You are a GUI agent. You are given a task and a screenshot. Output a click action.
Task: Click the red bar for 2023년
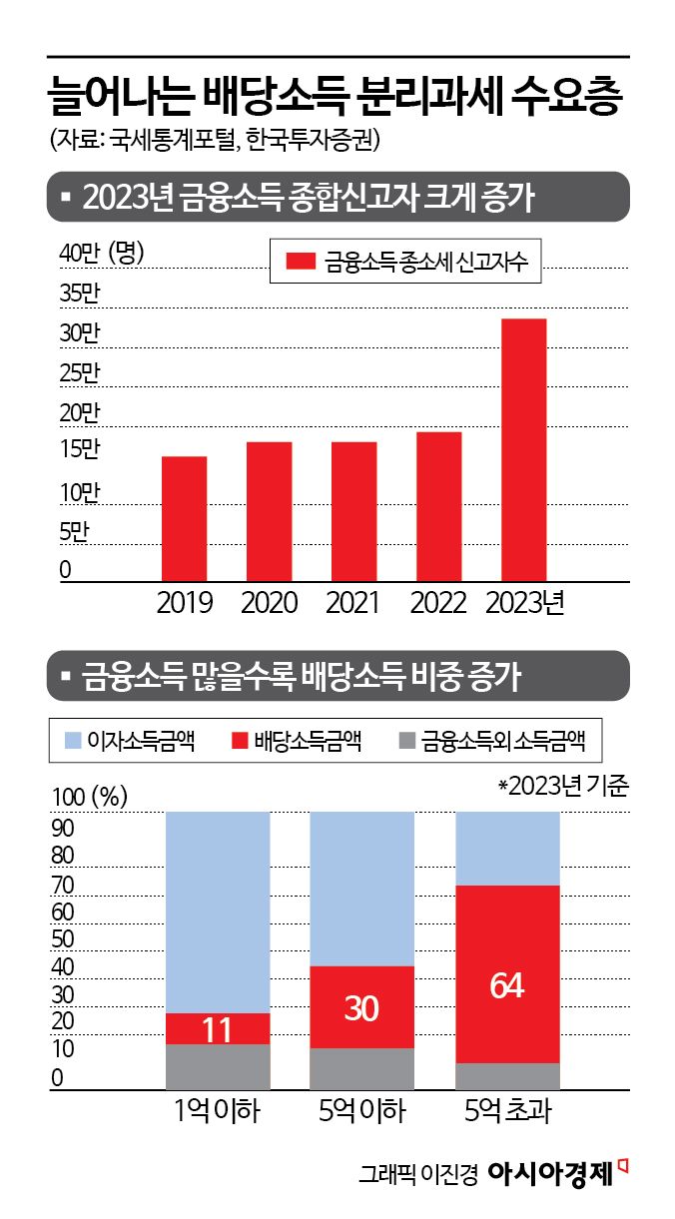pyautogui.click(x=523, y=449)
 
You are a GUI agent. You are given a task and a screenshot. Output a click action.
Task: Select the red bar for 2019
pyautogui.click(x=184, y=518)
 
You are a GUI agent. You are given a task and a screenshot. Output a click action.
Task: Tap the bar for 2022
pyautogui.click(x=438, y=506)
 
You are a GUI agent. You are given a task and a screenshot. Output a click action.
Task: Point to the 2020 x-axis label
pyautogui.click(x=270, y=603)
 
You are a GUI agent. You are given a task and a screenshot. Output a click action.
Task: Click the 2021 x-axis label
pyautogui.click(x=353, y=603)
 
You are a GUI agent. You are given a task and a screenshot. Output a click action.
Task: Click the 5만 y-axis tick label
pyautogui.click(x=74, y=532)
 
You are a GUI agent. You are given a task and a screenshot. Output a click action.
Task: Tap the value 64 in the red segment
pyautogui.click(x=507, y=985)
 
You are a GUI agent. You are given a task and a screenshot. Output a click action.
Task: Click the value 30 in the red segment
pyautogui.click(x=361, y=1009)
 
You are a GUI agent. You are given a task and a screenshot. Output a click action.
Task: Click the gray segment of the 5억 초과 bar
pyautogui.click(x=507, y=1076)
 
